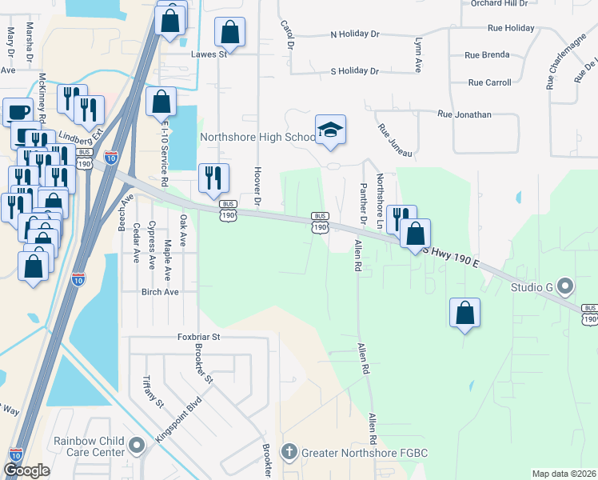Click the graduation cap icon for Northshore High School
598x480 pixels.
(x=330, y=129)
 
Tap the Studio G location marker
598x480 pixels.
(x=566, y=286)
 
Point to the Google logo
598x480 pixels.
(x=27, y=470)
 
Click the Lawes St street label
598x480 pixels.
(x=209, y=55)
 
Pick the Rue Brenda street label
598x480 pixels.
(x=487, y=56)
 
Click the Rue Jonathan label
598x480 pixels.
(x=464, y=114)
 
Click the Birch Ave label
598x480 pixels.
(x=160, y=292)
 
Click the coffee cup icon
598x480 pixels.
(x=18, y=112)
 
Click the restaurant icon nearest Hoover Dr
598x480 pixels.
(x=213, y=178)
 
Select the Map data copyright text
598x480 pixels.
(x=564, y=474)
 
